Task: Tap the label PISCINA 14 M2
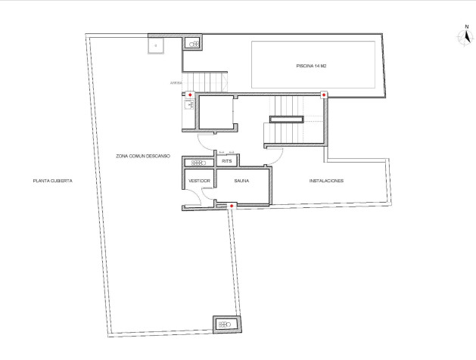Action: [311, 67]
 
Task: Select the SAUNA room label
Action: [242, 182]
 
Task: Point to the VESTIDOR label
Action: [198, 182]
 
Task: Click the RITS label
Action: [226, 161]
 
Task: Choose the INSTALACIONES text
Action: [327, 182]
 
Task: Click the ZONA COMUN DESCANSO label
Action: [143, 156]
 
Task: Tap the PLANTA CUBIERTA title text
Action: [52, 181]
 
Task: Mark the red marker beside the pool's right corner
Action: [324, 95]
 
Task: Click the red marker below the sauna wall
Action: [232, 205]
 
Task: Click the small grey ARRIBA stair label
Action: [176, 82]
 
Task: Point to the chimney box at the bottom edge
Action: [226, 324]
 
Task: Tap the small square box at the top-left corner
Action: [157, 45]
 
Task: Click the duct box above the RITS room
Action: [199, 163]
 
